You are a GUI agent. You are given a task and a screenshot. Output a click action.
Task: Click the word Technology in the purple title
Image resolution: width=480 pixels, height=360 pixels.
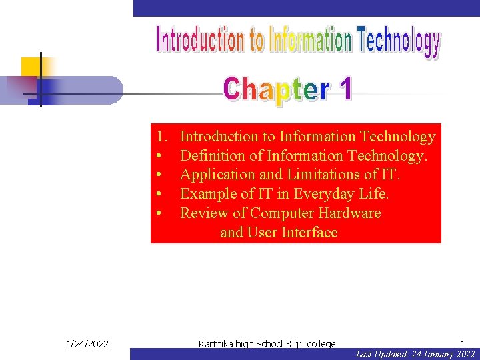399,41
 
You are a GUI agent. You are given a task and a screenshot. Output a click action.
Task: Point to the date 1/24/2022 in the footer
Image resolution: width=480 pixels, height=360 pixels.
88,344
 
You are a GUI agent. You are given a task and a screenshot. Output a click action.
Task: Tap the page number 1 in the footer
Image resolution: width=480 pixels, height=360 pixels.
462,344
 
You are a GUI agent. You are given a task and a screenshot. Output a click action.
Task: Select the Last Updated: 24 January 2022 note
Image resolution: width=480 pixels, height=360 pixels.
415,354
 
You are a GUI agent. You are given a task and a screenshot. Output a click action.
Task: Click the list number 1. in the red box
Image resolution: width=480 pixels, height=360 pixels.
161,137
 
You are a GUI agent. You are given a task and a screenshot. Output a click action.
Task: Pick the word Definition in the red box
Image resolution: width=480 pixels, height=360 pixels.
212,156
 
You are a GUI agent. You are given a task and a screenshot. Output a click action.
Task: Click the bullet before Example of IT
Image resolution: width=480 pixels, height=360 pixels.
160,194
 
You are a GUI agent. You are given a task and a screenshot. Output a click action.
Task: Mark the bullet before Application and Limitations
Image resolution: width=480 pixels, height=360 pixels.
160,175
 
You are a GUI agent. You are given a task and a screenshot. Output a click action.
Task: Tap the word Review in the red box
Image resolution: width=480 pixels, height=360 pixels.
202,213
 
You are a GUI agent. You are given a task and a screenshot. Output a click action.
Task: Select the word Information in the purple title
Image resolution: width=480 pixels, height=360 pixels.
310,40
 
